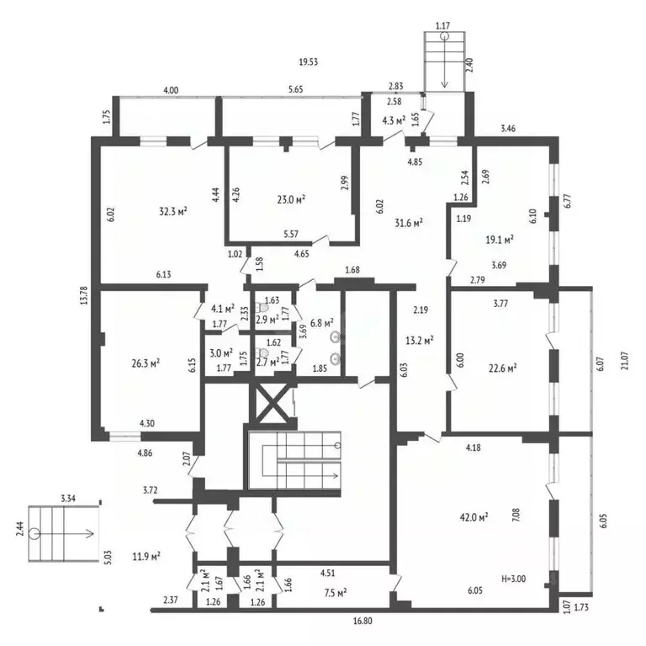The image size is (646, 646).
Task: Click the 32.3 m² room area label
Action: coord(173,212)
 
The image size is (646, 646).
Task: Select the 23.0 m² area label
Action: coord(291,200)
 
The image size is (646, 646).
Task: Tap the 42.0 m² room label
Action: coord(474,517)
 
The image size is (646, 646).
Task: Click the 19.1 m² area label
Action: coord(500,240)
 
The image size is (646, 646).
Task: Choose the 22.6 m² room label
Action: coord(503,368)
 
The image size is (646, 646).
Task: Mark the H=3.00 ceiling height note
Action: coord(513,579)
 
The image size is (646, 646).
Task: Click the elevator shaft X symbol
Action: coord(272,404)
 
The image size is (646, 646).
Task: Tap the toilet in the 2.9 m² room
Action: coord(262,307)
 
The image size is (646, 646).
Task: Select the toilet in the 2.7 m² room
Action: coord(262,353)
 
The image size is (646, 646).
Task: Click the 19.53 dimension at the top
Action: coord(308,62)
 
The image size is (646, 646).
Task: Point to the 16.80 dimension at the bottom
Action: coord(363,621)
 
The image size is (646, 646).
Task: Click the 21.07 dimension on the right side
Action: coord(625,361)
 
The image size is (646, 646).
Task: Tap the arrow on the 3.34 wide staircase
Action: coord(64,534)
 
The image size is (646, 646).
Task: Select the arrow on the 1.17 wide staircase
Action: coord(444,61)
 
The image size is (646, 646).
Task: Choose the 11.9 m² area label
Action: coord(146,557)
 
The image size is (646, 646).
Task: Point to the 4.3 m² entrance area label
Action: coord(394,121)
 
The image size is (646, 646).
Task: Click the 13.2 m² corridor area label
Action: coord(420,341)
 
